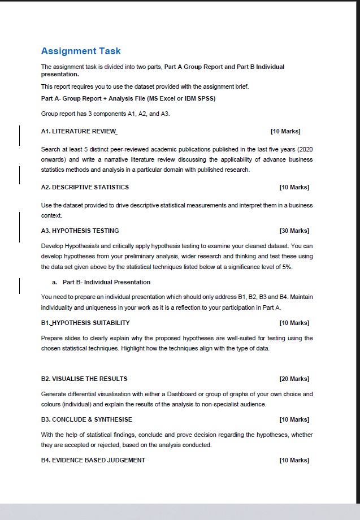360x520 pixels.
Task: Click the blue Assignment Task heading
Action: (x=81, y=51)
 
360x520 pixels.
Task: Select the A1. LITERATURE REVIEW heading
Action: (x=79, y=131)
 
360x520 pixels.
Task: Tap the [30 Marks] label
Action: (x=294, y=231)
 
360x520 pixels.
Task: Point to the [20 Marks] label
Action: (x=294, y=379)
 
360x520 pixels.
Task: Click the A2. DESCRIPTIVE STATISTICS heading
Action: (x=85, y=187)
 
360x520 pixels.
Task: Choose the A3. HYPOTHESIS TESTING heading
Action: (x=80, y=231)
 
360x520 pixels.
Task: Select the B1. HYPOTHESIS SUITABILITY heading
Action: (x=85, y=323)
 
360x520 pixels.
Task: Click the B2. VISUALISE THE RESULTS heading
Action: (x=84, y=379)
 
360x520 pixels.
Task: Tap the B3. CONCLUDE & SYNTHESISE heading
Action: (x=86, y=419)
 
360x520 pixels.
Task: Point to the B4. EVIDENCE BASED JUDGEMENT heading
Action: (x=93, y=460)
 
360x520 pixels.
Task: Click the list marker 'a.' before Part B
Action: (x=54, y=282)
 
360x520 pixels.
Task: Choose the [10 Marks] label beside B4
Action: (x=294, y=460)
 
